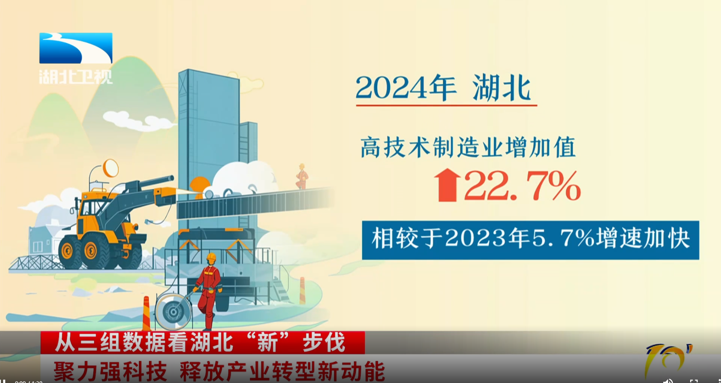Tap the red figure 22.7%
pos(522,185)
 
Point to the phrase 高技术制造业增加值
pos(468,147)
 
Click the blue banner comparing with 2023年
pos(530,240)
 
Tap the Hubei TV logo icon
pos(76,48)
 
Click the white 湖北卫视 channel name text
pos(76,76)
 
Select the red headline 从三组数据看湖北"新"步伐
pos(200,343)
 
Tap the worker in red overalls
pos(209,289)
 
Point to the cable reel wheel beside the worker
pos(174,311)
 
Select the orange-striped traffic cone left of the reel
pos(146,314)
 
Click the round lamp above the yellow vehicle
pos(110,168)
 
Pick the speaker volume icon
pos(668,381)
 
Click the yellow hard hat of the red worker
pos(211,257)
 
